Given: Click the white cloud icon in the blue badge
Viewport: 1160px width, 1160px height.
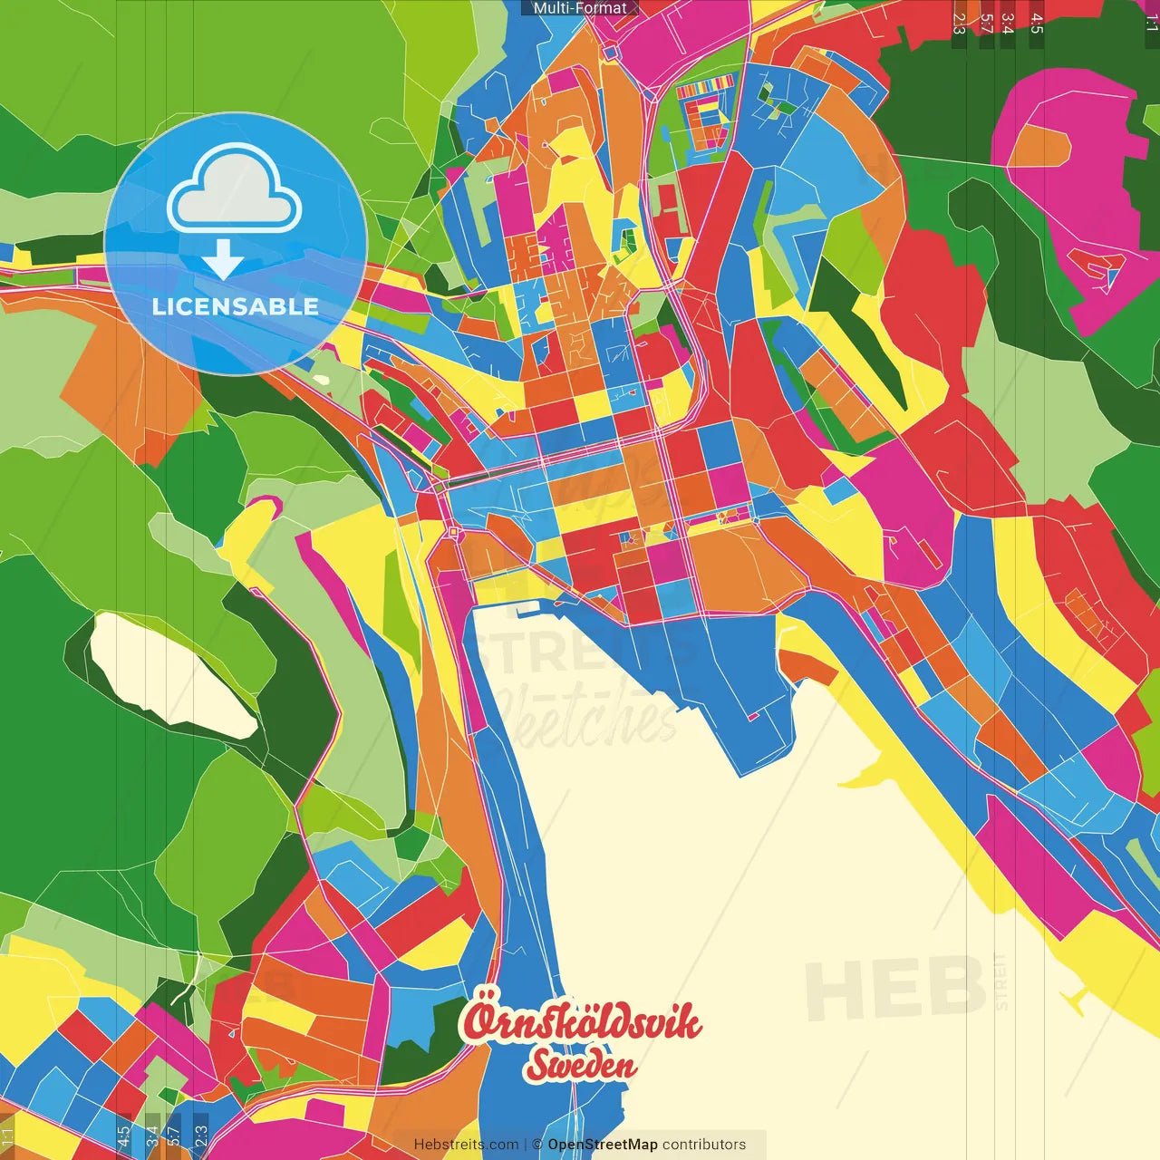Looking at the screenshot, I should click(x=235, y=190).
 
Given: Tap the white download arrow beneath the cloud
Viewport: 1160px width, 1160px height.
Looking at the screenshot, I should click(x=223, y=260).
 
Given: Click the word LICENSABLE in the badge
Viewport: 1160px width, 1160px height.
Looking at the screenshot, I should click(x=236, y=306).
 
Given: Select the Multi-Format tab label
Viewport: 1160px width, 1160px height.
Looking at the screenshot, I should click(x=580, y=8).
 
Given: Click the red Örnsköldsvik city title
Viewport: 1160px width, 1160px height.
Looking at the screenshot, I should click(x=581, y=1022).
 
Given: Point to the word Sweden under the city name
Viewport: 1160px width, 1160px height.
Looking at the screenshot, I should click(x=580, y=1066).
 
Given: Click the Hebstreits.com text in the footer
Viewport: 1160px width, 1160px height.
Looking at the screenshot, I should click(x=466, y=1145).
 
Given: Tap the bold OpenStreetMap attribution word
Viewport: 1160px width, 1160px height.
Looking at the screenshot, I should click(x=602, y=1145).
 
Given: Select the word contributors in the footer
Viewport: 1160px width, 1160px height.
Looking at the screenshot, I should click(x=704, y=1145).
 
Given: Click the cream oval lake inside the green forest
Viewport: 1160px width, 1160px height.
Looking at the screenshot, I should click(x=172, y=675).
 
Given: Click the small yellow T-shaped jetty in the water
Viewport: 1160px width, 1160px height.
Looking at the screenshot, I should click(x=1076, y=1000).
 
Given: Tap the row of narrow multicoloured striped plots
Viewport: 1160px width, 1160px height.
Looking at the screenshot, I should click(x=705, y=90).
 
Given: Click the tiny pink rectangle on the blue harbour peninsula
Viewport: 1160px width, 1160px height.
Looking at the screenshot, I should click(x=751, y=717).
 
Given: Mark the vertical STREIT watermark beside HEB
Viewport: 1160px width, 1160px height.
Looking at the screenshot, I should click(x=1000, y=981).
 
